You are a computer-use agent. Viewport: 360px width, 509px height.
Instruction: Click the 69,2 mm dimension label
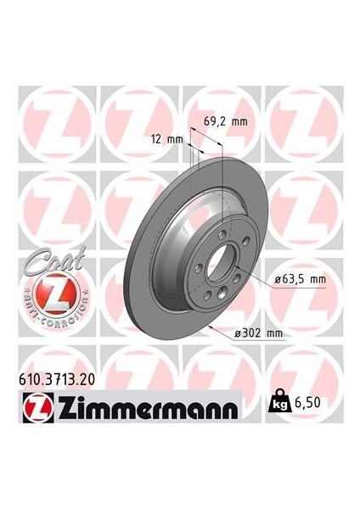[224, 122]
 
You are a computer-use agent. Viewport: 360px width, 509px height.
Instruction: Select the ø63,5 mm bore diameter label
[301, 277]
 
